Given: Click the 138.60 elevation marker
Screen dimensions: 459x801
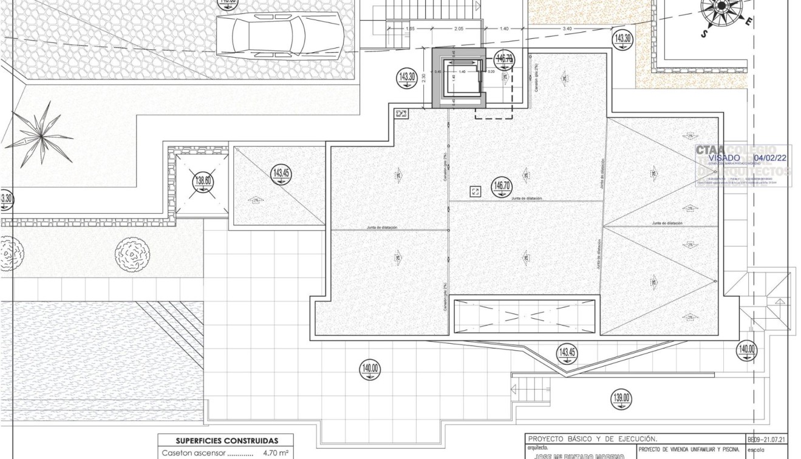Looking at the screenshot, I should coord(203,180).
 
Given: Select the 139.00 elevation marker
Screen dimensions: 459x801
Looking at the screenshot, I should coord(621,399).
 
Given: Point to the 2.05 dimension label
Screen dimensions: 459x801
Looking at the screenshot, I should coord(458,29).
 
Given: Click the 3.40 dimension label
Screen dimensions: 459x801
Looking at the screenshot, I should coord(567,29).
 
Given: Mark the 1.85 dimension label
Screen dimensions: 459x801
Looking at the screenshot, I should coord(411,29).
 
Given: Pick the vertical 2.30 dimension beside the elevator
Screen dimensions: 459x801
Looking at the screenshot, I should coord(424,77).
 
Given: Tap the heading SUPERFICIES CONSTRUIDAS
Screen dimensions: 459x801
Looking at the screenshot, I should coord(227,441).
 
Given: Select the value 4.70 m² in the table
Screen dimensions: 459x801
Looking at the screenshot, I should coord(275,453).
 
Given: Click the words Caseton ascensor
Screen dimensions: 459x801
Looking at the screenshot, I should coord(193,453).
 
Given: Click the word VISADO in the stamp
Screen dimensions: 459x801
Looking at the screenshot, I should coord(724,158).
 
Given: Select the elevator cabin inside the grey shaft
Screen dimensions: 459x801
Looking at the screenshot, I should coord(462,78).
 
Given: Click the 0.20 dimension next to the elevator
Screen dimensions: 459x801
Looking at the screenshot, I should coord(491,72).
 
